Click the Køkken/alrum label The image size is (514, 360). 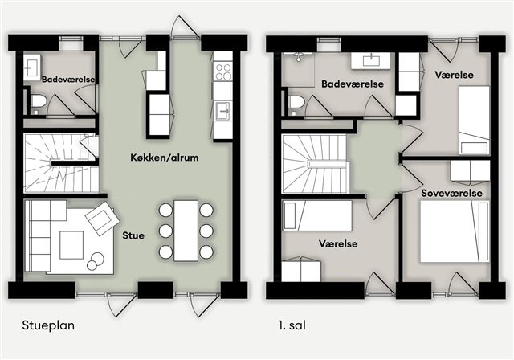165,157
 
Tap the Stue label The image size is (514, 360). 133,235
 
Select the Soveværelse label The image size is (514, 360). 451,193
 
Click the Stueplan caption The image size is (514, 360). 48,325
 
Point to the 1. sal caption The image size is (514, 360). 292,325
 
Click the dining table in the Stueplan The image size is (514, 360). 186,231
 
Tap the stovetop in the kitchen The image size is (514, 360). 223,72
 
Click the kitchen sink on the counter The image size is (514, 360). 223,111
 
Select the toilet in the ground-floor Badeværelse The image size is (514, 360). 39,100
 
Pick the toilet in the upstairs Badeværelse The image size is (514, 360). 296,101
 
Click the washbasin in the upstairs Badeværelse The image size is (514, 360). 371,60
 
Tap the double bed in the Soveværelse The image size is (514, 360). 455,231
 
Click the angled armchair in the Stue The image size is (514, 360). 102,219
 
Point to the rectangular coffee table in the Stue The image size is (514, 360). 71,245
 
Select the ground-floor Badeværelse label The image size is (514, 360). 68,80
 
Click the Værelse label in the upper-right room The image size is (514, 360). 454,75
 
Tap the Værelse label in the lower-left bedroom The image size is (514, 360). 338,244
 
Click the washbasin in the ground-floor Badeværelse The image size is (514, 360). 32,67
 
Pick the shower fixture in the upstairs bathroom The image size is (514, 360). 298,56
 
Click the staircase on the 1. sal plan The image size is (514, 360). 314,164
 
